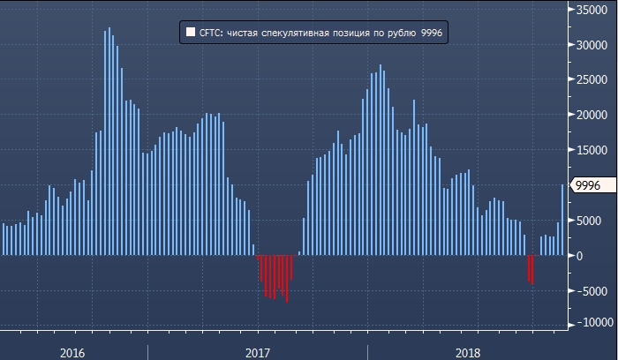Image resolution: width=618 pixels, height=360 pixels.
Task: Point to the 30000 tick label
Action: pyautogui.click(x=595, y=44)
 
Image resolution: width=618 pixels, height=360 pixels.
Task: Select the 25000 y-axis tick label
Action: pyautogui.click(x=595, y=79)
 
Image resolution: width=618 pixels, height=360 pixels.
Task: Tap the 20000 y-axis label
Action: pyautogui.click(x=595, y=115)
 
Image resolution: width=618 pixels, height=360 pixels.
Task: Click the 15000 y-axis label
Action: pyautogui.click(x=595, y=150)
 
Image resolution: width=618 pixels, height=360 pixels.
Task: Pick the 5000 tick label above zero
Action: pyautogui.click(x=598, y=221)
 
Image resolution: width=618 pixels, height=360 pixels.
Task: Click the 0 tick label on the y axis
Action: pyautogui.click(x=604, y=256)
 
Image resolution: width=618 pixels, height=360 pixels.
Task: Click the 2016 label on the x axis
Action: pyautogui.click(x=72, y=352)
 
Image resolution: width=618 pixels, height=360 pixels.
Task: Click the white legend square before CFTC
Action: pyautogui.click(x=191, y=33)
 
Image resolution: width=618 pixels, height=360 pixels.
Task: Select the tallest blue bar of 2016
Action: pyautogui.click(x=109, y=141)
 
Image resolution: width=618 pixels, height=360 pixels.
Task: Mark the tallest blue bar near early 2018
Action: pyautogui.click(x=381, y=159)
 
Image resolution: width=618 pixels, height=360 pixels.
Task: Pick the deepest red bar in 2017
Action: pyautogui.click(x=287, y=279)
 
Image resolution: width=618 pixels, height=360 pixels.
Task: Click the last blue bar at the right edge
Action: pyautogui.click(x=562, y=220)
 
